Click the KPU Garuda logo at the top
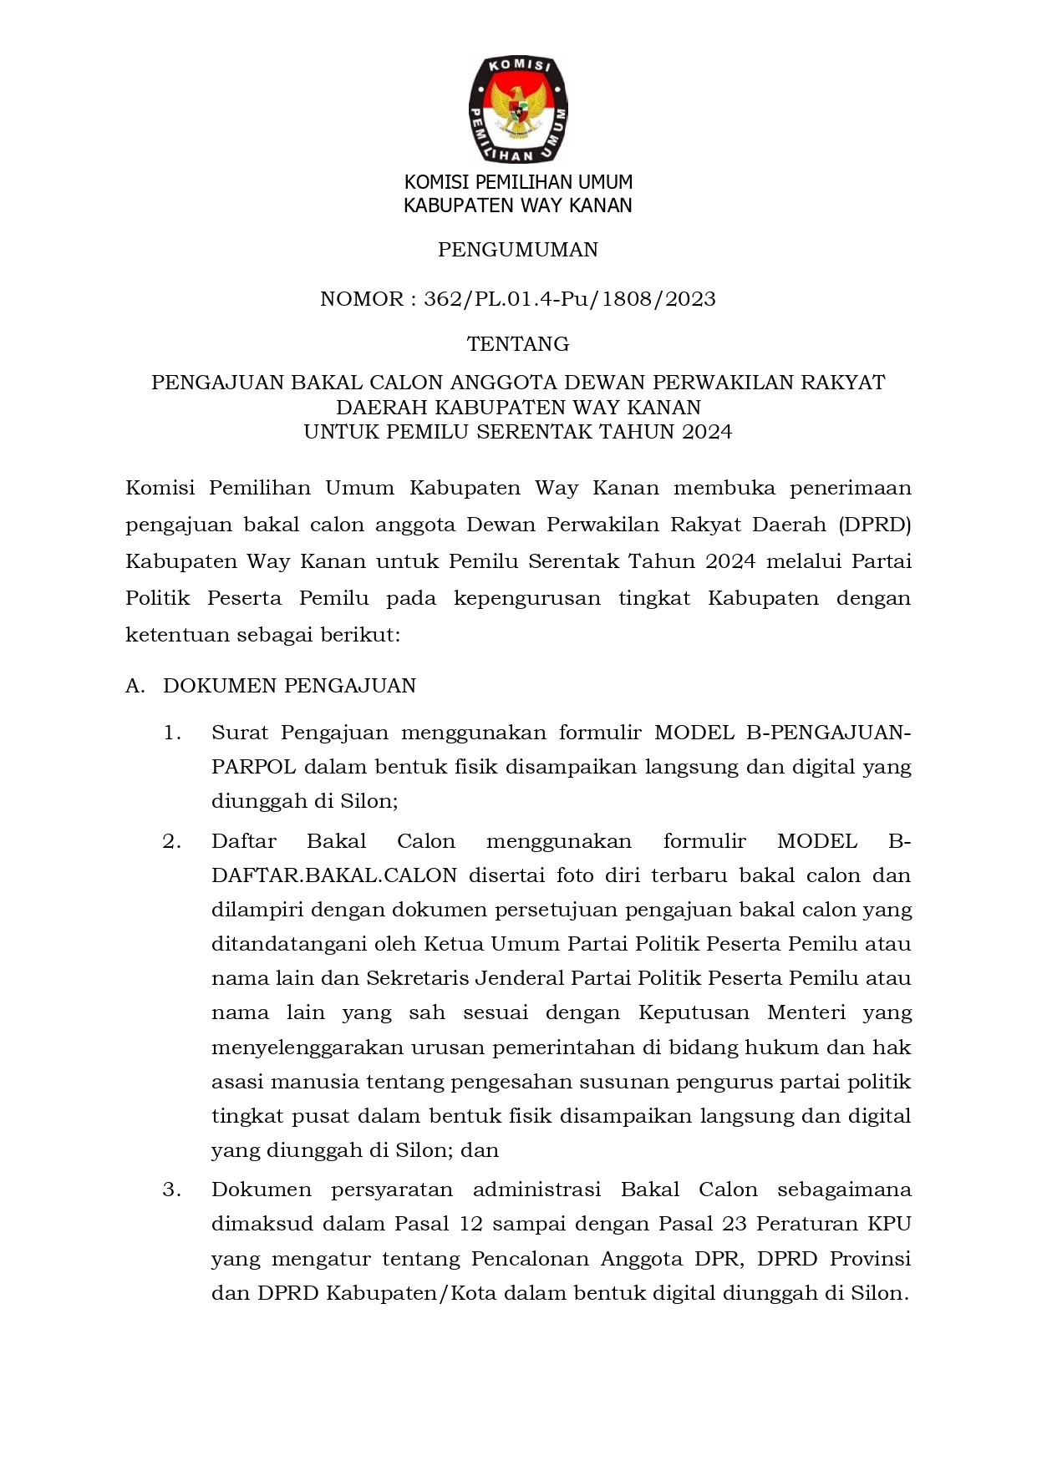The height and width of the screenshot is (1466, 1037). [x=518, y=109]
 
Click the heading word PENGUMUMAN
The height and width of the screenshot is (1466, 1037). [x=518, y=250]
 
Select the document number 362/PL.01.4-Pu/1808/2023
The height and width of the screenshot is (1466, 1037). [x=570, y=299]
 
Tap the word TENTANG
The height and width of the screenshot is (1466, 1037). [x=518, y=343]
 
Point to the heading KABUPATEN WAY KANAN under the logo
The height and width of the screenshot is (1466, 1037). [x=518, y=205]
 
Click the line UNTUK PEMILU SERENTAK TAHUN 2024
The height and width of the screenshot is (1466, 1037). [x=518, y=432]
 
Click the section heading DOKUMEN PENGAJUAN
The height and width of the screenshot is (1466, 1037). [x=289, y=686]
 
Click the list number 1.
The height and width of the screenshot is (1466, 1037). [x=172, y=733]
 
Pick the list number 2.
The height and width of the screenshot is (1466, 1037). [x=172, y=841]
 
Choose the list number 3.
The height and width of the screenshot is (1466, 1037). [x=172, y=1190]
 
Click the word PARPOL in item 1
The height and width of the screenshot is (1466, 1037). [x=253, y=767]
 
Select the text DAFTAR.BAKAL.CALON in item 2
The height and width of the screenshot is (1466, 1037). [x=334, y=875]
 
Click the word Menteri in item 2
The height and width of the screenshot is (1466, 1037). [x=806, y=1012]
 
